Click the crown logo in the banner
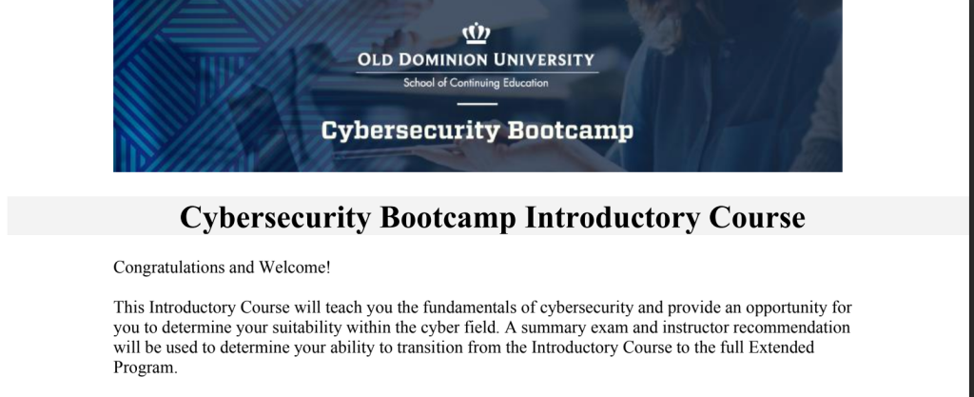(x=477, y=33)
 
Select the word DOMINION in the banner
(x=443, y=60)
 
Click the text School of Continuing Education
(x=476, y=83)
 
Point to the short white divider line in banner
(x=477, y=104)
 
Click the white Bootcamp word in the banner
(x=571, y=131)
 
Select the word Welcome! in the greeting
(x=295, y=268)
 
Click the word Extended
(x=782, y=347)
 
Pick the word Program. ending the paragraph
(x=146, y=367)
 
